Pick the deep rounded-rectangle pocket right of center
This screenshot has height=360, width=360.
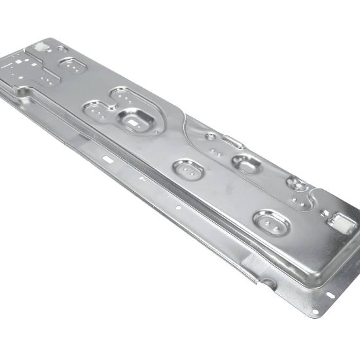tap(245, 163)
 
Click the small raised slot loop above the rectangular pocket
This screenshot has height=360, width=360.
tap(232, 140)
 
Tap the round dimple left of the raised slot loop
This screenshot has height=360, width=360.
tap(211, 136)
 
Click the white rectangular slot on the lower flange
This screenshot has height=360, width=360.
tap(106, 158)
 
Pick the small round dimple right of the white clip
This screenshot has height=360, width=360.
tap(60, 48)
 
